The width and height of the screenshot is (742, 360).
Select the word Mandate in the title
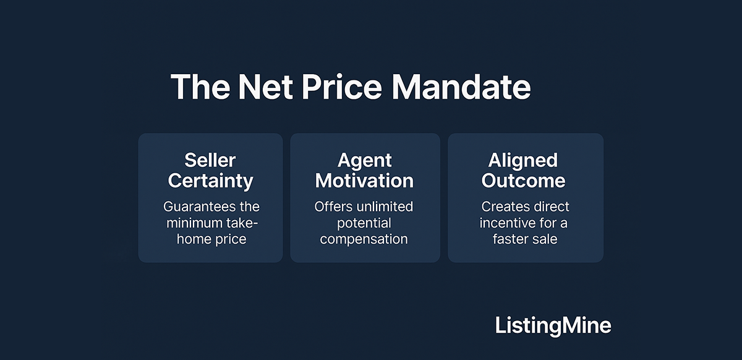click(x=461, y=87)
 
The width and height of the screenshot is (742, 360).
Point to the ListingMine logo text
click(x=553, y=326)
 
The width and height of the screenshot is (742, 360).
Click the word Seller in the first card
click(x=210, y=161)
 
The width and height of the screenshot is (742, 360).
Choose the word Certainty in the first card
click(x=210, y=181)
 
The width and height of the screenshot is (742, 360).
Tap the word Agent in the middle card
click(x=365, y=161)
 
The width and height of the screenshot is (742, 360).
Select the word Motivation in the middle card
click(x=365, y=181)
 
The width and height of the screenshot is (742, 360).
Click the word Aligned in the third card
click(x=523, y=161)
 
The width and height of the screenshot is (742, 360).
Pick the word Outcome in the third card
click(x=523, y=181)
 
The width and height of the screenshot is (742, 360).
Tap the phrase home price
click(x=211, y=239)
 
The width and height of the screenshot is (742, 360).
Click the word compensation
click(x=364, y=239)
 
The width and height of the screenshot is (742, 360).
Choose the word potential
click(x=364, y=223)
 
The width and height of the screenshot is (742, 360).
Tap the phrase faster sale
click(x=525, y=239)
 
